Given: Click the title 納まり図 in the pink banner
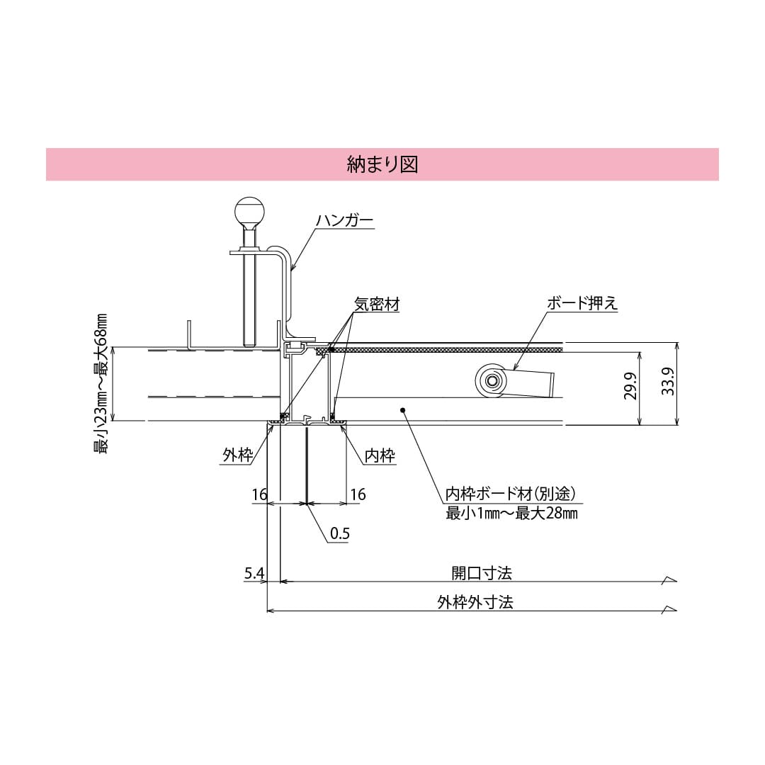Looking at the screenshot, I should tap(382, 164).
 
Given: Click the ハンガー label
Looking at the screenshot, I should tap(344, 221).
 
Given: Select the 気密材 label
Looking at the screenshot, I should tap(377, 304).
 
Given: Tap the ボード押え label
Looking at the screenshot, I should tap(582, 303).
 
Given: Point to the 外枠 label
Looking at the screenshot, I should tap(237, 455).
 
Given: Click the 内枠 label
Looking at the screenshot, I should tap(379, 455).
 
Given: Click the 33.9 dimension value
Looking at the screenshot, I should tap(668, 383).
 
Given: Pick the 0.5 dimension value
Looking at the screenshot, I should tap(340, 533).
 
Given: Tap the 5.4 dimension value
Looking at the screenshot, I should tap(254, 573).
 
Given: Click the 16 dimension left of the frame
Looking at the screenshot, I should tap(260, 494).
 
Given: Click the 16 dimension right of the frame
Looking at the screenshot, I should tap(358, 494).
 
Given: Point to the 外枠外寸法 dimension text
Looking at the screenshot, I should tap(475, 602).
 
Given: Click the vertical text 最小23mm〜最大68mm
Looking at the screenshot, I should tap(101, 383).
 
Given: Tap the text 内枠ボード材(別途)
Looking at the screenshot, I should tap(509, 493).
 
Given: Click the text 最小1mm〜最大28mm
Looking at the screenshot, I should tap(511, 513).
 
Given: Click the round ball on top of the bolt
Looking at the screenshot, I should tap(249, 210).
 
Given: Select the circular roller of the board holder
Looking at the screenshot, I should tap(490, 381).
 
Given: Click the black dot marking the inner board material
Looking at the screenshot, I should tap(402, 409).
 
